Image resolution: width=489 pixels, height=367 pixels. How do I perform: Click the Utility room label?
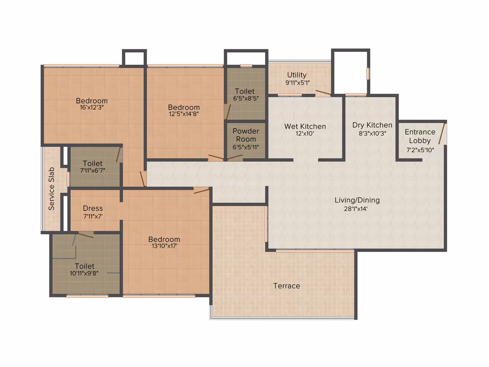point(297,75)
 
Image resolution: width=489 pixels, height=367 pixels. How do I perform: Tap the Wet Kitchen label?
point(305,127)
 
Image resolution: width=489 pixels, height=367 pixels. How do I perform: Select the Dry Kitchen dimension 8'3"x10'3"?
point(372,133)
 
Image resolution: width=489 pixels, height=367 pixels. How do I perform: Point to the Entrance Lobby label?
point(420,136)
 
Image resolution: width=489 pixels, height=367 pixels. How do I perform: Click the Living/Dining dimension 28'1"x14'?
point(356,209)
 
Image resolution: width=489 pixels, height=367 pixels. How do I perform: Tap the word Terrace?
point(287,286)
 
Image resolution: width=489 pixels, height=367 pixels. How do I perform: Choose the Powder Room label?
point(246,135)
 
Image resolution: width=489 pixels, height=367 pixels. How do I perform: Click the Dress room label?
point(93,208)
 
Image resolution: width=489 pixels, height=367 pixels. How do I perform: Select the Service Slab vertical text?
point(51,189)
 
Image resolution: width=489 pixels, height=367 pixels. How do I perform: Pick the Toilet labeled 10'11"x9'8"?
point(84,266)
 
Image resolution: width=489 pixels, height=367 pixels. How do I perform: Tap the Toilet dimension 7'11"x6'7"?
point(93,171)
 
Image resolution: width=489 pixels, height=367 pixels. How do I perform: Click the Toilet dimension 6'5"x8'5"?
point(246,99)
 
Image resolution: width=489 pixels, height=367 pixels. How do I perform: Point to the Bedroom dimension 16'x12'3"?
point(92,107)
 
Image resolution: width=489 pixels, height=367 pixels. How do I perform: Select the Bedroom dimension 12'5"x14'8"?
point(184,114)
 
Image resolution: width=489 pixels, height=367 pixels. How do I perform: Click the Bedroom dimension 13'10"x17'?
point(164,246)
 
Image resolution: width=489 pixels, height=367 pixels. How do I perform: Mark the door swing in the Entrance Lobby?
point(442,134)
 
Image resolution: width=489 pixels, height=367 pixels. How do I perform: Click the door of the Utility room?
point(323,93)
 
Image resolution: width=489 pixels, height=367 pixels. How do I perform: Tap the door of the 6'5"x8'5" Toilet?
point(228,112)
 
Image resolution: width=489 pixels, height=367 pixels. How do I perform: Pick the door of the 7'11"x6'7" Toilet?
point(118,155)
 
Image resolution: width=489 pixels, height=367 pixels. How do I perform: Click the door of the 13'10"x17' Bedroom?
point(202,191)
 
